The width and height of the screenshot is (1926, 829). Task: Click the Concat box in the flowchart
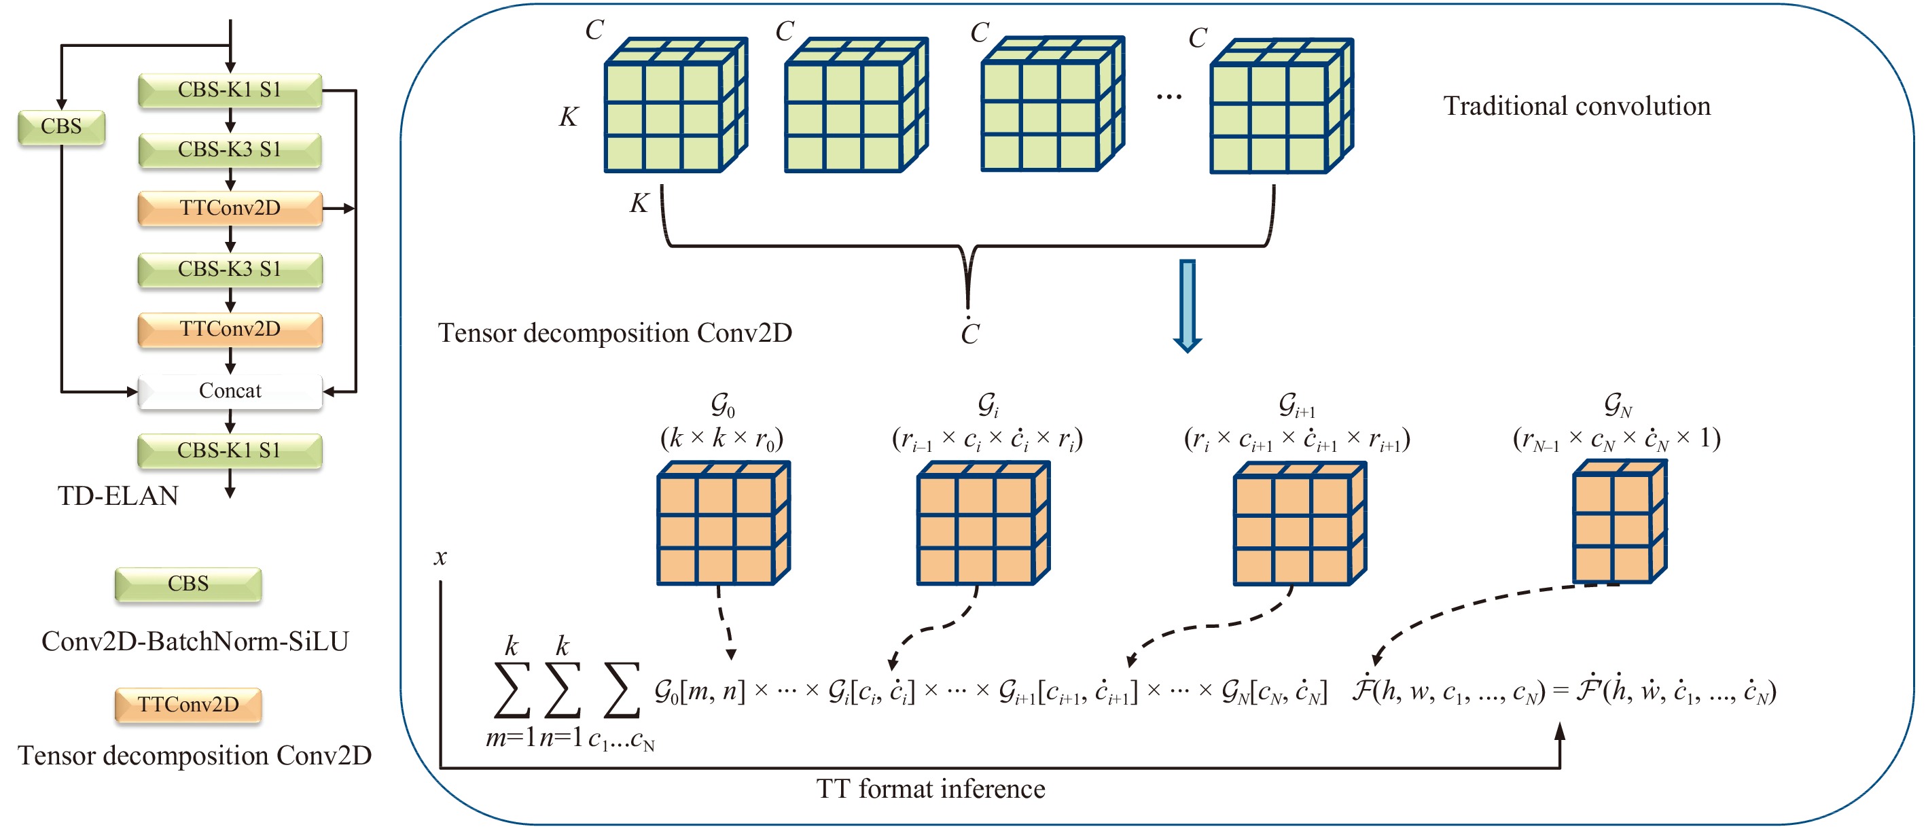click(230, 391)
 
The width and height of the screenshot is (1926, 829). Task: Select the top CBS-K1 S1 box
click(230, 90)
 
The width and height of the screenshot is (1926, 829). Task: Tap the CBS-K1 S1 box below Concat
click(230, 451)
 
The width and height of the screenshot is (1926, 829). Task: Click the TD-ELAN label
click(118, 495)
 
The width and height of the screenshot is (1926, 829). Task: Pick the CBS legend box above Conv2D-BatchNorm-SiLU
click(188, 584)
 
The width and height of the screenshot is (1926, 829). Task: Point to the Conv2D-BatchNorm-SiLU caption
click(194, 641)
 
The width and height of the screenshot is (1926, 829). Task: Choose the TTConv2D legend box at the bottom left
click(188, 705)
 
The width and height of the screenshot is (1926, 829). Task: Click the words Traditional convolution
click(1576, 106)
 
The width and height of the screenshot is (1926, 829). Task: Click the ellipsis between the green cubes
click(1169, 96)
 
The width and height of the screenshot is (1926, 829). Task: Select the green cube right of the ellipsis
click(1280, 106)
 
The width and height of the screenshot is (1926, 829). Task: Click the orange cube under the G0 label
click(722, 523)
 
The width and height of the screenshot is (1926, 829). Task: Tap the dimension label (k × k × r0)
click(721, 438)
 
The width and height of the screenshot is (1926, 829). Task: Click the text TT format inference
click(931, 790)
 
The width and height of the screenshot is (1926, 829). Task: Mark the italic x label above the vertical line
click(440, 557)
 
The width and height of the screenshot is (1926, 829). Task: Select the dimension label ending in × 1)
click(1616, 439)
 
